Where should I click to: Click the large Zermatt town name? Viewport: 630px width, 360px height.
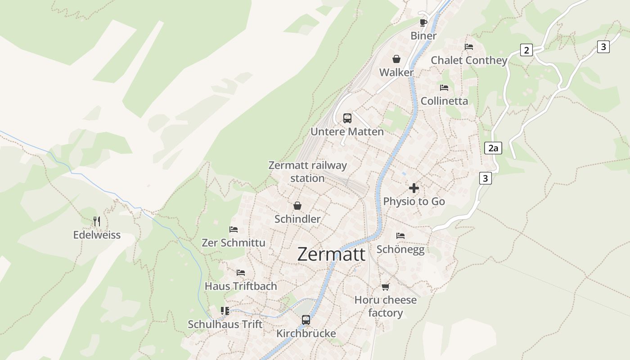(331, 254)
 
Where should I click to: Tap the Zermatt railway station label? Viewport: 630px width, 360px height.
(307, 171)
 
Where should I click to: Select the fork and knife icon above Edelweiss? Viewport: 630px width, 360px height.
(97, 221)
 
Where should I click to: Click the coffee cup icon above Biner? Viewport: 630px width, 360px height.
(423, 22)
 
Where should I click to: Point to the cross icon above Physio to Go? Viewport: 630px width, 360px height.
(414, 188)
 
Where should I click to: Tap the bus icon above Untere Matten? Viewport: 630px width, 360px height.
(347, 118)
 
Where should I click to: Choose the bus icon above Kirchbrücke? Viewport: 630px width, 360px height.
(306, 320)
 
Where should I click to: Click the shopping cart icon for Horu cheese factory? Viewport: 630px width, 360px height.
(385, 287)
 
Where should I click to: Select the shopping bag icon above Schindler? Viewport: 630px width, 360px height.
(297, 206)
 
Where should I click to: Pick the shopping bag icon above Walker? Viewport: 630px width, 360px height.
(396, 59)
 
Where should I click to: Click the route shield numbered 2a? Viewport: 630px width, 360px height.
(493, 148)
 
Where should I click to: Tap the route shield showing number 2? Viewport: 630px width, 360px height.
(526, 50)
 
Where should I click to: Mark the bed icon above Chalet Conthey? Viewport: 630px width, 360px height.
(469, 46)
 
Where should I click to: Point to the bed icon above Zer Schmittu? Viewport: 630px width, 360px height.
(234, 229)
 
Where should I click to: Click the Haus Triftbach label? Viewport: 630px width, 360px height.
(241, 286)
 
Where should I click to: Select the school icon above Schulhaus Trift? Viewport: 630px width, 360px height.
(225, 311)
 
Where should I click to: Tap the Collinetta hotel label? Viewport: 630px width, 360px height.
(444, 101)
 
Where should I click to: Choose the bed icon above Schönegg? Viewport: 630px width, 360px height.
(400, 236)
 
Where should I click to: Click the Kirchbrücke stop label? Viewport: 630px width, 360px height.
(306, 333)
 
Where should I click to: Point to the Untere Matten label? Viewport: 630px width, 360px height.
(347, 132)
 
